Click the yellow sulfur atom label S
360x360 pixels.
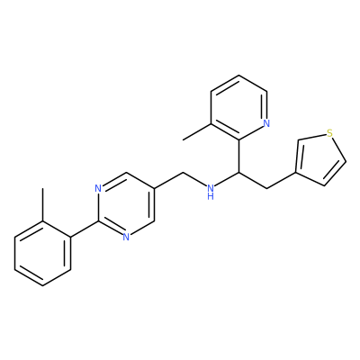click(330, 133)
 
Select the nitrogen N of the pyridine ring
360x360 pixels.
click(266, 123)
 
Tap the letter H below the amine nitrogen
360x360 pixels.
click(211, 197)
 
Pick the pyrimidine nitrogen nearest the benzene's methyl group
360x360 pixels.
click(98, 189)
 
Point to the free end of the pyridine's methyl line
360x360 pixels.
click(184, 140)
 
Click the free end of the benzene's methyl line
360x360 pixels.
click(43, 188)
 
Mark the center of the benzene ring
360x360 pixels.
click(43, 254)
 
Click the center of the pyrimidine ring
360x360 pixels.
click(126, 205)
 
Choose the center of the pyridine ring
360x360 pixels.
click(238, 107)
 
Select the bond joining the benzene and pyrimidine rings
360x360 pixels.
click(85, 229)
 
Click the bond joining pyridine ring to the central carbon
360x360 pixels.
click(238, 157)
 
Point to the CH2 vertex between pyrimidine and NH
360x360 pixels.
click(183, 173)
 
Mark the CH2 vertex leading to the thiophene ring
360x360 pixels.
click(267, 189)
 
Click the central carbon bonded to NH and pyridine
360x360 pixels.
click(238, 173)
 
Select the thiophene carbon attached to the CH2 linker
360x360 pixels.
click(296, 173)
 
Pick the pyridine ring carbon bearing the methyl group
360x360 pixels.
click(211, 124)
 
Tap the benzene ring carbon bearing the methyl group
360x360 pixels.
click(43, 221)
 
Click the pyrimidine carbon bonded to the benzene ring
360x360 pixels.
click(98, 221)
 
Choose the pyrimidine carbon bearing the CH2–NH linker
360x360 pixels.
click(154, 189)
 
